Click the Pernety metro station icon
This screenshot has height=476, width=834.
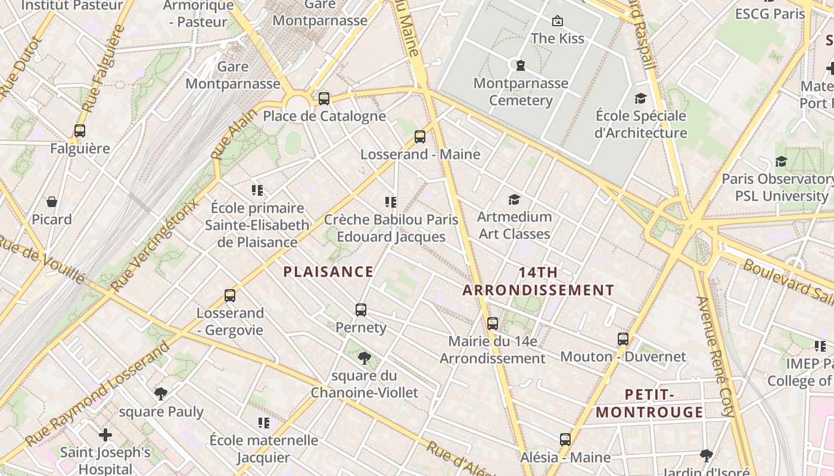click(x=360, y=309)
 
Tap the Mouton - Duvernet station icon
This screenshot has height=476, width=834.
click(x=623, y=339)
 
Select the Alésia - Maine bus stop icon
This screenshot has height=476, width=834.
click(x=565, y=440)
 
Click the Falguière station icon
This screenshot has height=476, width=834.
click(x=80, y=131)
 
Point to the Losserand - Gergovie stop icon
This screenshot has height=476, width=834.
click(x=230, y=295)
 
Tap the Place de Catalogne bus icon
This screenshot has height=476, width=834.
click(x=324, y=99)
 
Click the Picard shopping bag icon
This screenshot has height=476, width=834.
click(x=52, y=202)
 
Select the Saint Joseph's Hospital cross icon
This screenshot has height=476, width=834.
click(x=105, y=435)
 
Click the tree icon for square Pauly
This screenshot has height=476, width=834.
click(x=161, y=393)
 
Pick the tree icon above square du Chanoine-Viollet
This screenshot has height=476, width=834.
click(x=364, y=358)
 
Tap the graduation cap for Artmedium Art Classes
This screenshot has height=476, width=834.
click(x=514, y=199)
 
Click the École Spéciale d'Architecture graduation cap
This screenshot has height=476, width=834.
click(x=640, y=98)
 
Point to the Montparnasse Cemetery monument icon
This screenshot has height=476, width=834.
click(x=521, y=65)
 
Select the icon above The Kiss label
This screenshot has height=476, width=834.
click(x=558, y=21)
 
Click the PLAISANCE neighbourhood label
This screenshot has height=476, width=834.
click(x=328, y=272)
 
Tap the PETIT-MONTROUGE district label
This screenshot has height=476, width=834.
click(x=649, y=403)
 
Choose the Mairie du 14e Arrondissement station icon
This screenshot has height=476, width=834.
click(x=493, y=324)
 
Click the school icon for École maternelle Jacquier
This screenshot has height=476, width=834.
click(x=263, y=422)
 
